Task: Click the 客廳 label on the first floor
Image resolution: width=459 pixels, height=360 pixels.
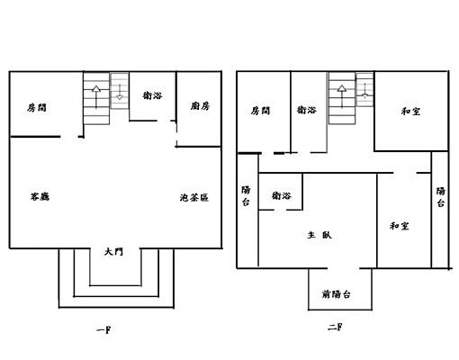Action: [x=40, y=196]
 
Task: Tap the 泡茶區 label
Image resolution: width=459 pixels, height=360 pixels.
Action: [x=194, y=197]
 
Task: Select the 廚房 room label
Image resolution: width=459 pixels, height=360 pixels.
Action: [x=200, y=106]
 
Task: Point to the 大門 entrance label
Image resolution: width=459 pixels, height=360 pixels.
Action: [x=113, y=251]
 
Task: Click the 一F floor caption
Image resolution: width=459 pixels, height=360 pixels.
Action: [x=103, y=330]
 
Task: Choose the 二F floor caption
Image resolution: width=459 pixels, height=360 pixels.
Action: [x=335, y=327]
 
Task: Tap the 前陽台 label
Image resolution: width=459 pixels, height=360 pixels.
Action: [x=336, y=294]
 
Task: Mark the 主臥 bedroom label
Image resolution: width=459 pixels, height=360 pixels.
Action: [x=319, y=235]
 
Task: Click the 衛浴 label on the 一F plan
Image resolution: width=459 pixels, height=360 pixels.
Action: [x=152, y=95]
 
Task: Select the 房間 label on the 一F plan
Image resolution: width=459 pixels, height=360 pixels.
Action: [x=37, y=107]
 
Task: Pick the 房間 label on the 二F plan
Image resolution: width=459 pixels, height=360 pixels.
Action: [x=260, y=111]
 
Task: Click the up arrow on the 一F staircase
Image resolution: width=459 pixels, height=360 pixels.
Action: [x=96, y=97]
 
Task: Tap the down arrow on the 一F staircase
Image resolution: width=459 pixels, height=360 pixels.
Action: [x=120, y=92]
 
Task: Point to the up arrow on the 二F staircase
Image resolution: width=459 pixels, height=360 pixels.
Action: [x=342, y=96]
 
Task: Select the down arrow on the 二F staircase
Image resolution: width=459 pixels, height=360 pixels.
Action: [x=364, y=91]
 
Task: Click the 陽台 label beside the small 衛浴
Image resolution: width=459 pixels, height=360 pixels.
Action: [x=246, y=196]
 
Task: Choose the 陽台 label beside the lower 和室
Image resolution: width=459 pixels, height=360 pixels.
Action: [x=440, y=197]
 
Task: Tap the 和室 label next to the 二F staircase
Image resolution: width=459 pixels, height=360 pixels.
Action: [x=410, y=112]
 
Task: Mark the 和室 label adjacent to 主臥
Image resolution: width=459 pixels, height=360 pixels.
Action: [x=400, y=226]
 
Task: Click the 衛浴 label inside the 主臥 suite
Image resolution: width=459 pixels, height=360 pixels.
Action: [x=281, y=195]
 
